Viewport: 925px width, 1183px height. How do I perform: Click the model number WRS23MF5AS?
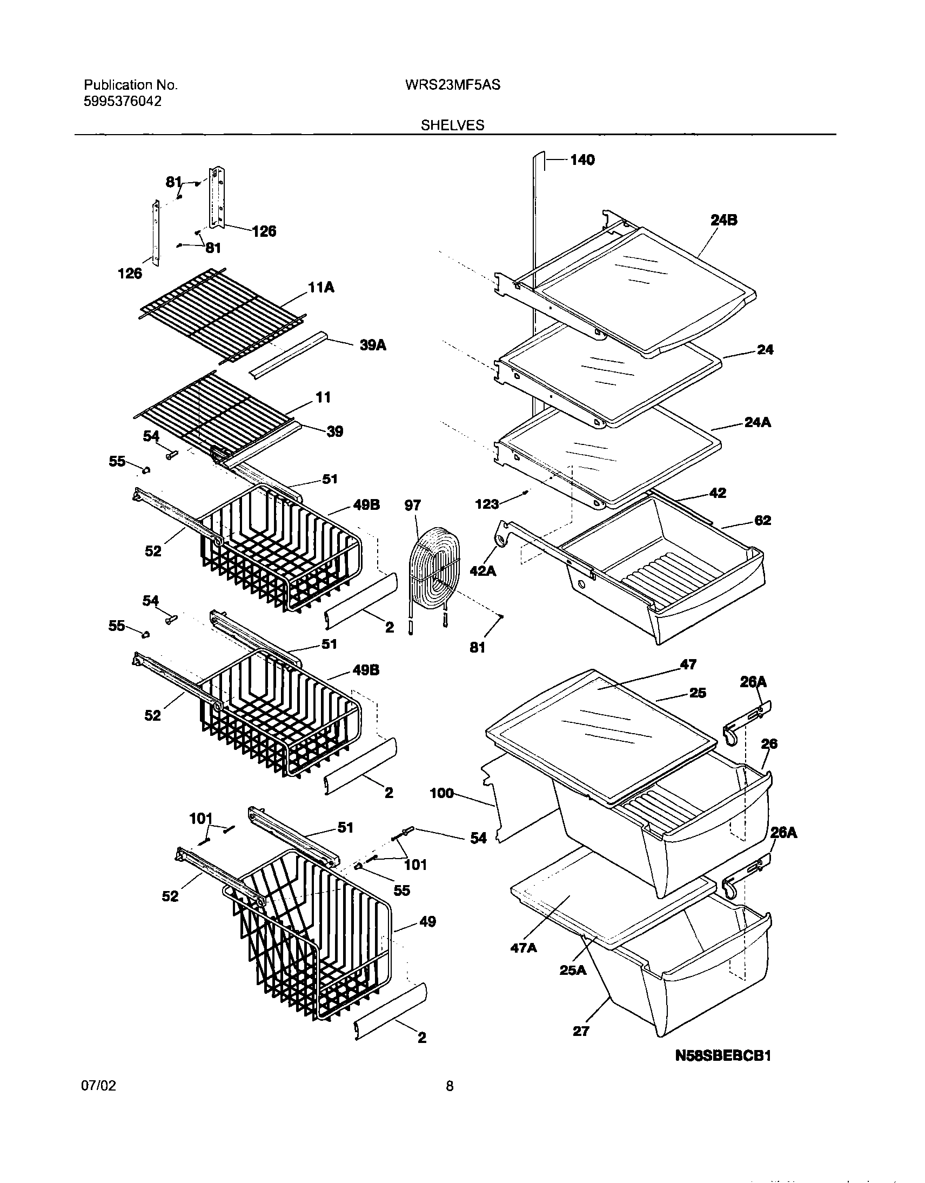[x=452, y=85]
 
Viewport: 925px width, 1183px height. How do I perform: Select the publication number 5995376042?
[x=123, y=101]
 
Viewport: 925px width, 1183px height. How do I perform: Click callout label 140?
[x=582, y=160]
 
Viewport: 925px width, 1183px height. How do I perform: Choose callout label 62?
[x=762, y=521]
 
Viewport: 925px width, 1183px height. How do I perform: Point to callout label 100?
[x=441, y=794]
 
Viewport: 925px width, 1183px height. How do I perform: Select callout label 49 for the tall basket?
[x=427, y=922]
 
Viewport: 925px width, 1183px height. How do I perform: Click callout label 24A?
[x=757, y=422]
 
